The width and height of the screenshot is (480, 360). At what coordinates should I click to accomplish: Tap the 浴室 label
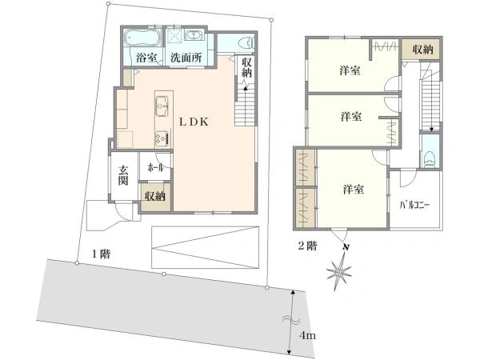pos(145,58)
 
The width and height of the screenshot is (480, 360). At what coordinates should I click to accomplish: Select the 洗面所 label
pos(185,58)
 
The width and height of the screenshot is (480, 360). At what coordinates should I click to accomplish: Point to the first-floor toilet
pos(245,42)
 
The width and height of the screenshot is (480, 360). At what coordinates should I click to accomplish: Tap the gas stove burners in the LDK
pos(159,136)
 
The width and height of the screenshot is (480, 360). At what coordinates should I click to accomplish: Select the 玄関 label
pos(124,175)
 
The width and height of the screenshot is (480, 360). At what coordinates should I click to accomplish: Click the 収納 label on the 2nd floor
pos(422,50)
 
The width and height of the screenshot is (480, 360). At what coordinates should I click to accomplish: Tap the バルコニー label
pos(414,206)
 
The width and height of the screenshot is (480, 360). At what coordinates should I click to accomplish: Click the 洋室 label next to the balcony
pos(354,190)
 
